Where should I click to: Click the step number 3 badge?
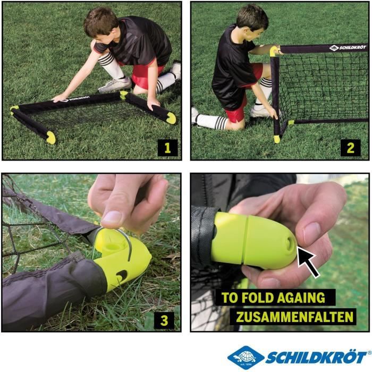pyautogui.click(x=164, y=320)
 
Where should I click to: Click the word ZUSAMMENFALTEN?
pyautogui.click(x=295, y=317)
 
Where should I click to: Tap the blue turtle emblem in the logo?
pyautogui.click(x=246, y=356)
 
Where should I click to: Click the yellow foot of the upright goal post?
pyautogui.click(x=277, y=139)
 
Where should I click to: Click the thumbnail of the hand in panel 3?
pyautogui.click(x=112, y=217)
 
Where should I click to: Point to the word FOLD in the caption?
pyautogui.click(x=255, y=298)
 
